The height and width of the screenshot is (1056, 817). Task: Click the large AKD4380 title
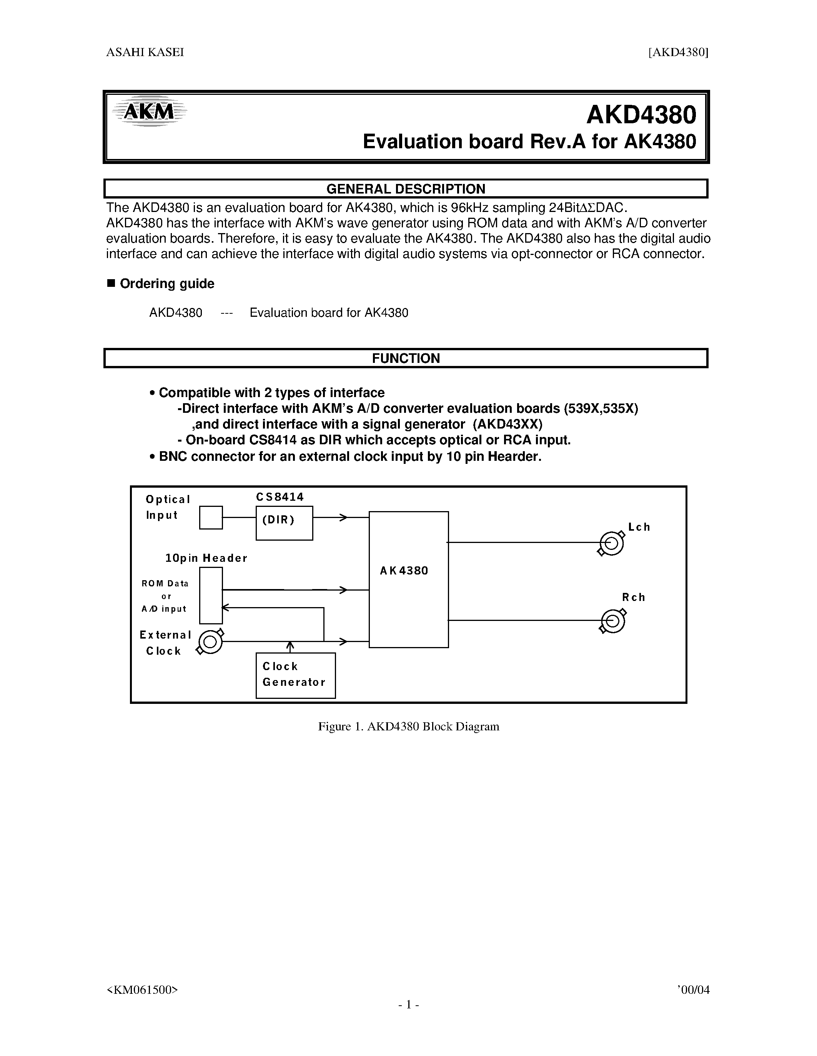pyautogui.click(x=641, y=115)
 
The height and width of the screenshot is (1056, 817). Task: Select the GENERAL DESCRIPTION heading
pyautogui.click(x=406, y=189)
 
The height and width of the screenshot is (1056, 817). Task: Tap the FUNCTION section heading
pyautogui.click(x=406, y=358)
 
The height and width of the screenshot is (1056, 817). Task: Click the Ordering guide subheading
pyautogui.click(x=166, y=284)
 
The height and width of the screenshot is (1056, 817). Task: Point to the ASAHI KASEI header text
pyautogui.click(x=145, y=52)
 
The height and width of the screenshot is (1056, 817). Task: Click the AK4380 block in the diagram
pyautogui.click(x=408, y=579)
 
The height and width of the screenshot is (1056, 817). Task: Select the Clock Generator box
pyautogui.click(x=295, y=675)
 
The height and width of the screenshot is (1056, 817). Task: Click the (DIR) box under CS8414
pyautogui.click(x=284, y=523)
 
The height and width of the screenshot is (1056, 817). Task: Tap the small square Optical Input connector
pyautogui.click(x=211, y=517)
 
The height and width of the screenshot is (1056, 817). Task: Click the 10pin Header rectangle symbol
pyautogui.click(x=211, y=595)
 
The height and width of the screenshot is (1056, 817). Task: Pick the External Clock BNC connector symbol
pyautogui.click(x=210, y=642)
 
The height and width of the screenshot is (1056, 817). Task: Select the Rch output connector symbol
pyautogui.click(x=613, y=621)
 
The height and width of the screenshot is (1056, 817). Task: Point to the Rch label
pyautogui.click(x=634, y=598)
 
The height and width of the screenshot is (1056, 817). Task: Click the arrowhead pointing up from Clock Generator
pyautogui.click(x=290, y=645)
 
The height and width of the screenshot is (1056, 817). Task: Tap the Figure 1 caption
pyautogui.click(x=408, y=727)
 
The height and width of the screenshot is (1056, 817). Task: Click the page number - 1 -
pyautogui.click(x=408, y=1005)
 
